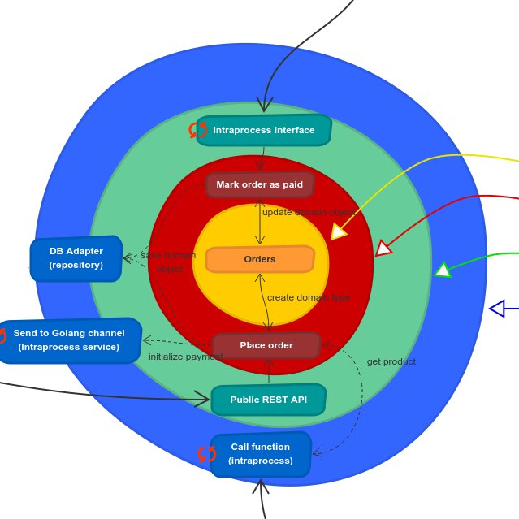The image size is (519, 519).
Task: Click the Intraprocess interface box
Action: coord(264,130)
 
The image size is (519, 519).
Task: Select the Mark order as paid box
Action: coord(260,185)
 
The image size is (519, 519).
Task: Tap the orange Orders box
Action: coord(260,260)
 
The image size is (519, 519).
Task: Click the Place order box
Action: coord(266,345)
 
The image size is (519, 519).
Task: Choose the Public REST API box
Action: coord(269,400)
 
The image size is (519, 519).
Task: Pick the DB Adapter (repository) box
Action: coord(76,258)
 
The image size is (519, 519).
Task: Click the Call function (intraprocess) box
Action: coord(261,453)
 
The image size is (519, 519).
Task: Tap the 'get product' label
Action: coord(391,361)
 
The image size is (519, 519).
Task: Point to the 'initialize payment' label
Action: coord(185,357)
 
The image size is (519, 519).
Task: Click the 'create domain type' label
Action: coord(309,297)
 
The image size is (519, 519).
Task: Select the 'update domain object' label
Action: coord(308,212)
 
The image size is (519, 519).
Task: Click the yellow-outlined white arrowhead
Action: coord(339,231)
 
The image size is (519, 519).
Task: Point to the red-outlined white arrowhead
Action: coord(383,248)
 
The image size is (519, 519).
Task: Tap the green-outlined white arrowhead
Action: coord(443,270)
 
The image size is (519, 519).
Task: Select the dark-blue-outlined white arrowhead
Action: coord(497,308)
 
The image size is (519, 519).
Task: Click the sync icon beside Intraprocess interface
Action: coord(198,130)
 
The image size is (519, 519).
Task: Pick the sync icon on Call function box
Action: coord(207,453)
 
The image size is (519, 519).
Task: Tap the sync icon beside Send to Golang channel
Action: coord(2,336)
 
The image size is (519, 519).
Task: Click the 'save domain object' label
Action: coord(169,262)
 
